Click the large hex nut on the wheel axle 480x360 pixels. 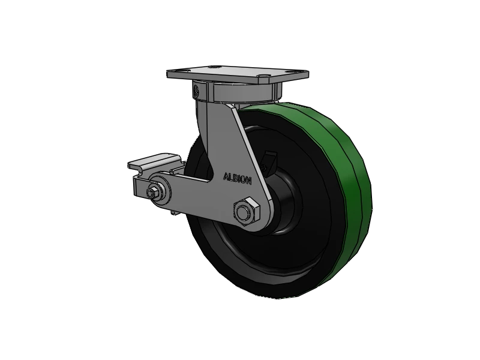(x=244, y=212)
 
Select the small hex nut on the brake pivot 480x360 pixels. (x=153, y=193)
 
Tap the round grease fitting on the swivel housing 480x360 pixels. (x=197, y=92)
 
